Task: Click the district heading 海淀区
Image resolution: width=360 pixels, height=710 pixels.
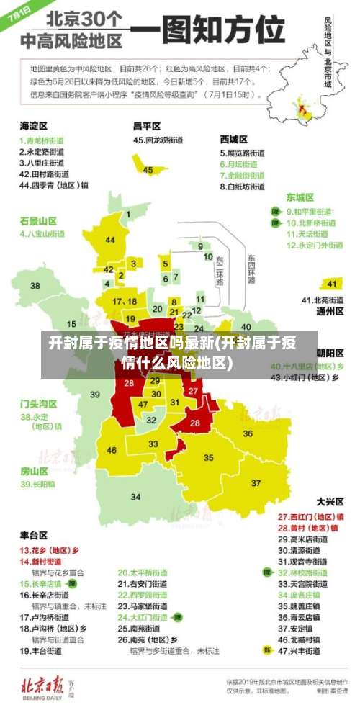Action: coord(33,125)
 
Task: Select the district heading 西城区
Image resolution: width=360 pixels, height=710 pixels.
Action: coord(233,139)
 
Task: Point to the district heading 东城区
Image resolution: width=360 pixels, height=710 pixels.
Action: coord(300,197)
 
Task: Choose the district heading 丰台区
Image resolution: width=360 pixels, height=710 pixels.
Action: coord(33,535)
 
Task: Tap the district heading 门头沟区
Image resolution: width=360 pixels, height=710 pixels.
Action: coord(38,403)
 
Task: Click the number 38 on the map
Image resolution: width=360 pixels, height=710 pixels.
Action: coord(35,286)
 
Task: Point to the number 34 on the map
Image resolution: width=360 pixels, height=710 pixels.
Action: coord(135,497)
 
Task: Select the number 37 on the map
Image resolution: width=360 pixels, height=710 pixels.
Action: coord(256,482)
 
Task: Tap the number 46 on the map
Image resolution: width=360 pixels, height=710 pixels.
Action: coord(111,450)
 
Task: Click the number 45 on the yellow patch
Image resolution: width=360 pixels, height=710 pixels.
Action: coord(148,170)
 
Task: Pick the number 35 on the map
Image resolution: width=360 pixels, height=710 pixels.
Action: coord(209,457)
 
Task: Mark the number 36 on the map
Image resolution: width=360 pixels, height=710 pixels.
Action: coord(248,433)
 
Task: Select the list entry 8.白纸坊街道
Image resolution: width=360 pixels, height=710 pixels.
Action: coord(242,187)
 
